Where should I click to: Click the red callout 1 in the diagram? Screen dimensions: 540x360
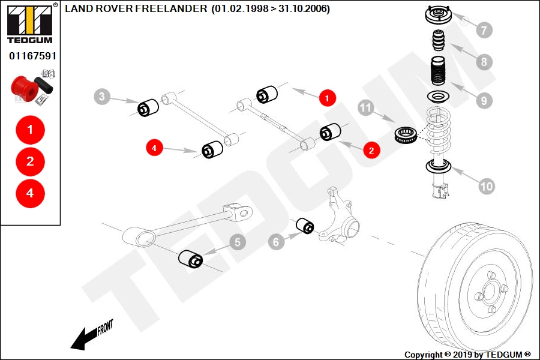[x=327, y=98]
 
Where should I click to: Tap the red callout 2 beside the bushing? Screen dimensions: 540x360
[x=371, y=150]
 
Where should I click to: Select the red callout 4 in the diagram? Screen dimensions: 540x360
[x=154, y=148]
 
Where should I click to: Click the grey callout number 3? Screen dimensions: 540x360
[x=101, y=96]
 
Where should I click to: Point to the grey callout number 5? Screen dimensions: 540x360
[x=237, y=242]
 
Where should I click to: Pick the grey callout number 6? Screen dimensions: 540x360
[x=276, y=242]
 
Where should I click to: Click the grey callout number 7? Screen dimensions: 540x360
[x=484, y=30]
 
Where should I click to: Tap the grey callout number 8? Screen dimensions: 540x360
[x=484, y=62]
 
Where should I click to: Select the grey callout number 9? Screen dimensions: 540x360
[x=484, y=101]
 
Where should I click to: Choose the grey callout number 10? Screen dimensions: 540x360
[x=487, y=187]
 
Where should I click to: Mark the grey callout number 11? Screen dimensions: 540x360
[x=366, y=108]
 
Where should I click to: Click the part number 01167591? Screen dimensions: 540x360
[x=32, y=56]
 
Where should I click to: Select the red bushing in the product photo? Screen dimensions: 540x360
[x=23, y=89]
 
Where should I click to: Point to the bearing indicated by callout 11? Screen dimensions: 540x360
[x=406, y=134]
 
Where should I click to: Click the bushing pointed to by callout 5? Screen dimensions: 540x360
[x=190, y=259]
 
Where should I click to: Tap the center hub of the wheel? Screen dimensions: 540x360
[x=489, y=294]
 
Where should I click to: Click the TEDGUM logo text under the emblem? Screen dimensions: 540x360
[x=30, y=40]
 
